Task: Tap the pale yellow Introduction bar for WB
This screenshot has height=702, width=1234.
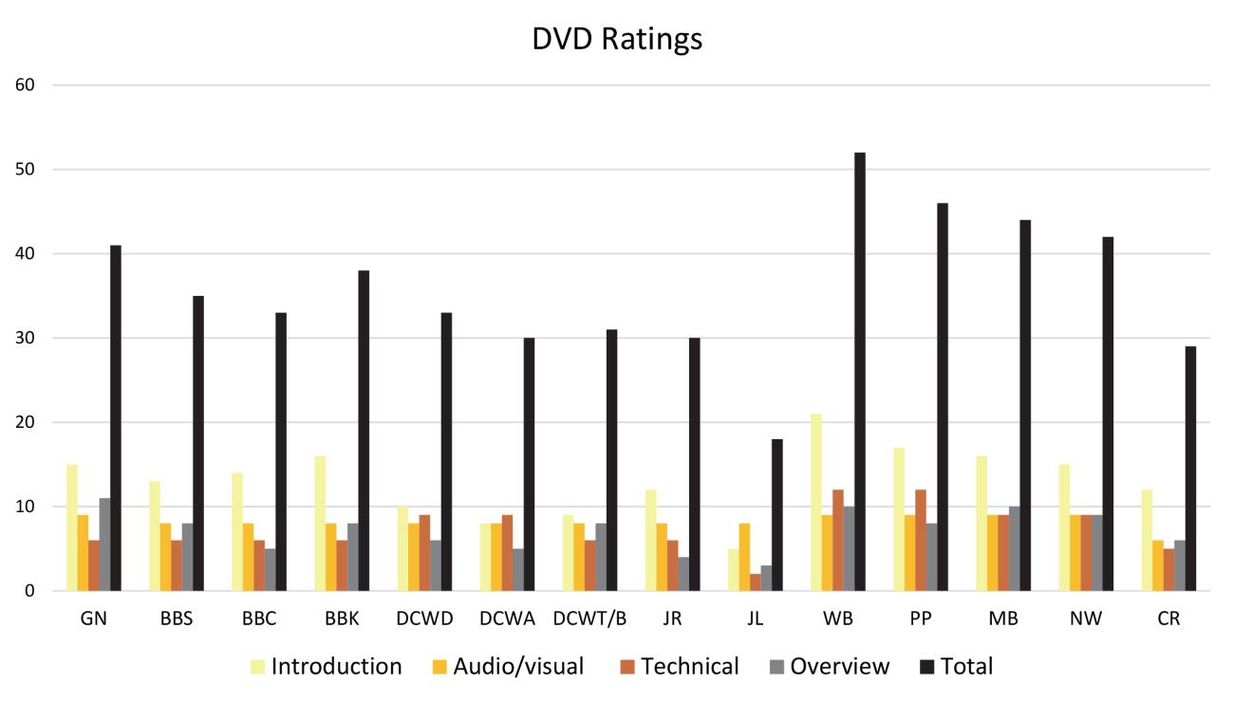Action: coord(815,502)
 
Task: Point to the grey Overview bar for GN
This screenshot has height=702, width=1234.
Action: coord(105,545)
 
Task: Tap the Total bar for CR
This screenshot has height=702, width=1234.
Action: coord(1189,469)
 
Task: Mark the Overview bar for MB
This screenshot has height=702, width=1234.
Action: coord(1014,548)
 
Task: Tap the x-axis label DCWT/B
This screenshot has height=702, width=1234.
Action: coord(589,619)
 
